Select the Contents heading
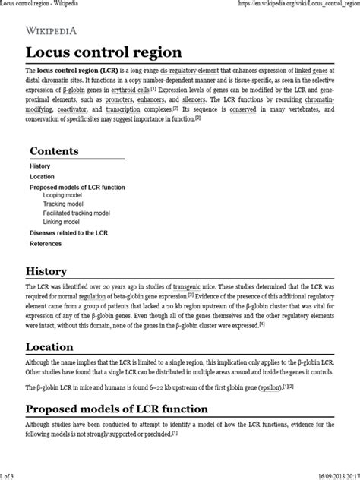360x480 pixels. [x=65, y=151]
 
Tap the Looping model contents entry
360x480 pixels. [x=65, y=195]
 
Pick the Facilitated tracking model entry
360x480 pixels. [x=77, y=213]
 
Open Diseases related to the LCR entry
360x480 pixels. [x=68, y=232]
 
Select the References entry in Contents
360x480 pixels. [x=46, y=244]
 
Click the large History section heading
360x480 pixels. [x=52, y=270]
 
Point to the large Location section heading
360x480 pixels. [x=55, y=346]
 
